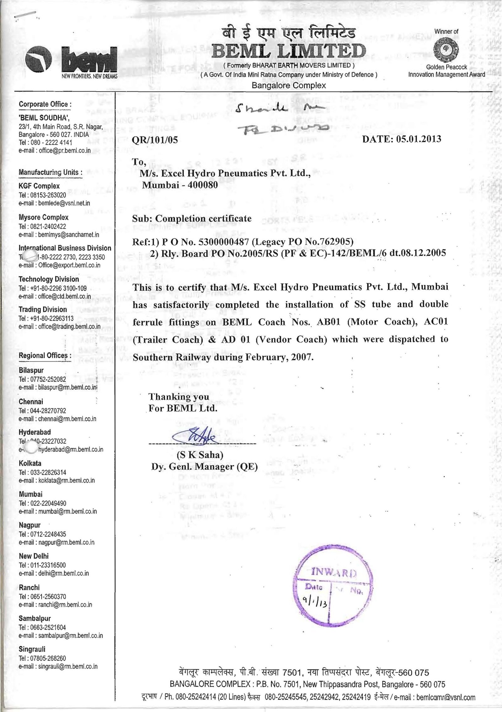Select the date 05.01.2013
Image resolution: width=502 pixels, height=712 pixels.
tap(419, 139)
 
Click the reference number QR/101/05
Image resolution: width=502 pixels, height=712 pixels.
tap(155, 140)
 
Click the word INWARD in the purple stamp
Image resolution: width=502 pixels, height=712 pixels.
tap(332, 572)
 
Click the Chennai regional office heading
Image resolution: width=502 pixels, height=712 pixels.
tap(31, 402)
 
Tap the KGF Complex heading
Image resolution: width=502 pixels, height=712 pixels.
tap(39, 186)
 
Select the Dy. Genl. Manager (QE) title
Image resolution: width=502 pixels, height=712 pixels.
tap(204, 467)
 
